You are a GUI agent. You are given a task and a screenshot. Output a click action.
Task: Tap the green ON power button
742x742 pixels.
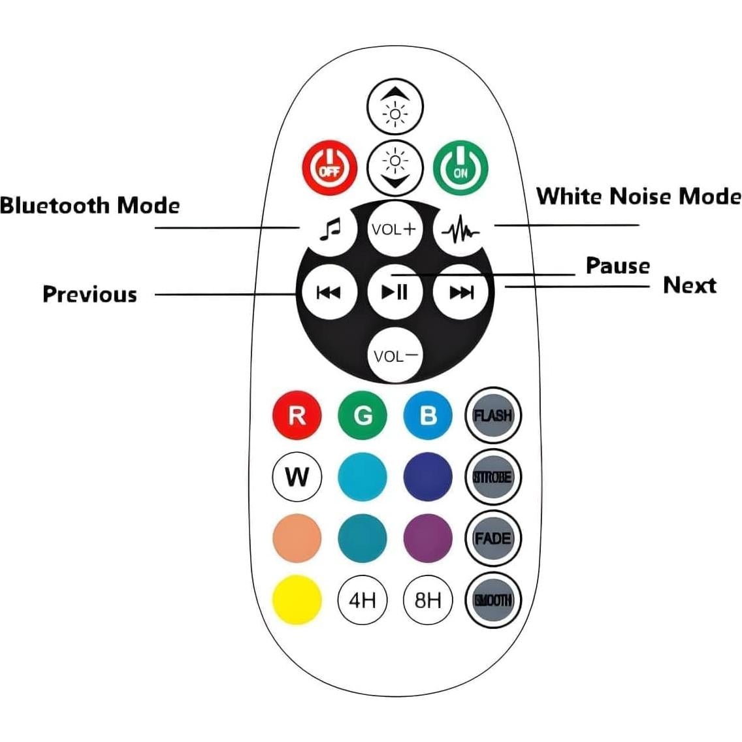[x=460, y=169]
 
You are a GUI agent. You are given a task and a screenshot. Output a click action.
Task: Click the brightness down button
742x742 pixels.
[x=395, y=167]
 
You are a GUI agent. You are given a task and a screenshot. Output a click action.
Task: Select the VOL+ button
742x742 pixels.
[x=394, y=229]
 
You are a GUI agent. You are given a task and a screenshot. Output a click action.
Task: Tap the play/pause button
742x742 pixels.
[x=395, y=291]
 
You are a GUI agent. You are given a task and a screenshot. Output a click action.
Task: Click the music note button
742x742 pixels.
[x=329, y=229]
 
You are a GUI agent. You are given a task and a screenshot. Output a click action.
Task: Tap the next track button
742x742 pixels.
[x=461, y=291]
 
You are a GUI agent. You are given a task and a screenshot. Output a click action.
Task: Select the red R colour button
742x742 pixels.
[x=297, y=415]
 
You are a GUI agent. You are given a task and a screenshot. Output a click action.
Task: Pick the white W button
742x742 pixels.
[x=297, y=477]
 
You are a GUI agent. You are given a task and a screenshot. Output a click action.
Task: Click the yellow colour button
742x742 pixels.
[x=297, y=600]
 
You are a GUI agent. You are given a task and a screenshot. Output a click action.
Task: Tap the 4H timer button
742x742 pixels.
[x=363, y=600]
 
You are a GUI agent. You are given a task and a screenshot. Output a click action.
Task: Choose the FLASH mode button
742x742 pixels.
[x=493, y=415]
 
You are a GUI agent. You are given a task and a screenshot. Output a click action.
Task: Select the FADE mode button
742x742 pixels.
[x=493, y=539]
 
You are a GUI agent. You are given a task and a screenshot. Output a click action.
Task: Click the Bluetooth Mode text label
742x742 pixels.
[x=89, y=206]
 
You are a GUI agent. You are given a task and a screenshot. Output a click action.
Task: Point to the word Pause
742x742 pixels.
[x=617, y=266]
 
